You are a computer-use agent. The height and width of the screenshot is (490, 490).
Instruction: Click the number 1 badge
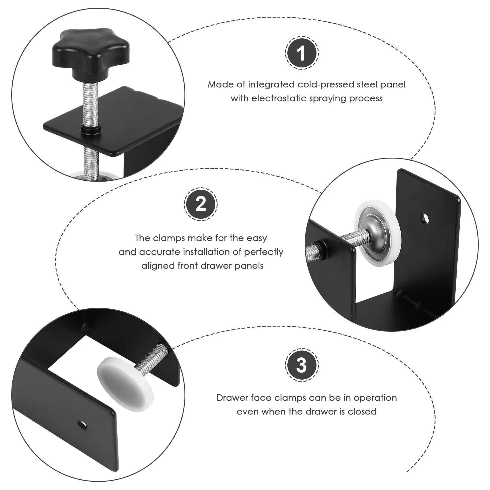301,53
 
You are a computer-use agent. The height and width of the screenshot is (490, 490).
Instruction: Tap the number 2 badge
201,205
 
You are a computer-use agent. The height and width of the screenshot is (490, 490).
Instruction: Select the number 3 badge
301,365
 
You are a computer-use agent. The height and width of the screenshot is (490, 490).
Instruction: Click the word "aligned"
158,265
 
